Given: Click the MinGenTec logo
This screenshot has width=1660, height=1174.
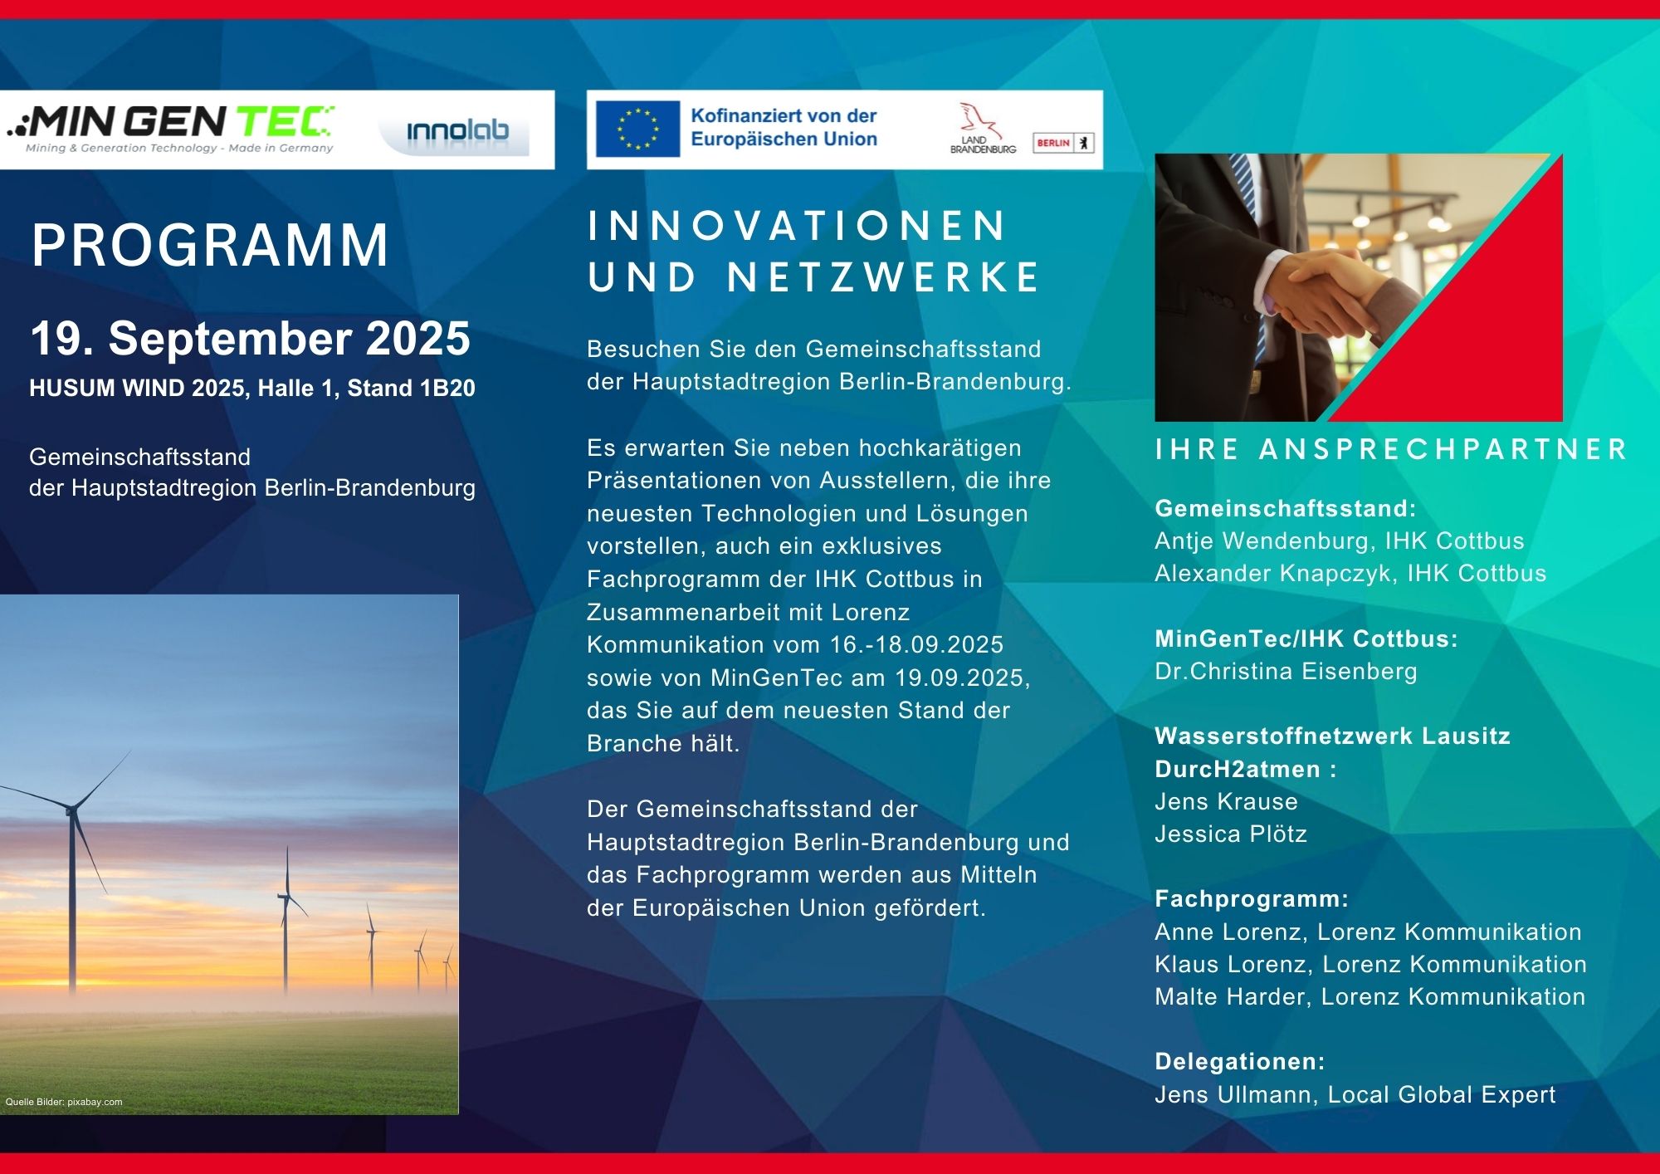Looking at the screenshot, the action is pyautogui.click(x=170, y=130).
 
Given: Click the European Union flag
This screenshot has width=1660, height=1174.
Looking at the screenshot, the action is pyautogui.click(x=637, y=129).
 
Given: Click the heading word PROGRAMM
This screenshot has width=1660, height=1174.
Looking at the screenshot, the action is pyautogui.click(x=210, y=245).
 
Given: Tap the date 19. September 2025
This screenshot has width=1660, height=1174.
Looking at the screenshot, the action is pyautogui.click(x=250, y=339).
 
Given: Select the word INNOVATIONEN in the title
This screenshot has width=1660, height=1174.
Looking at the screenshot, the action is pyautogui.click(x=797, y=226).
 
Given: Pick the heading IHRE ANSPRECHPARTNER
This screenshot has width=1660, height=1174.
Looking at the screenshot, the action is pyautogui.click(x=1390, y=449).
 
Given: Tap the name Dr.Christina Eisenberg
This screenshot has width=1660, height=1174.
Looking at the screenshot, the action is pyautogui.click(x=1286, y=671).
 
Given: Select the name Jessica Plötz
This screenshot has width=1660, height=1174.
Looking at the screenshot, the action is pyautogui.click(x=1231, y=834).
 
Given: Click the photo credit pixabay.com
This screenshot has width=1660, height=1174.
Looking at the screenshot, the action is pyautogui.click(x=95, y=1102).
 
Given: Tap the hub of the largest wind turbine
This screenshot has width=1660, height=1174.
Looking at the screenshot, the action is pyautogui.click(x=71, y=808).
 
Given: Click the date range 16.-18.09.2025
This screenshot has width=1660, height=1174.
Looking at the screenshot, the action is pyautogui.click(x=916, y=644).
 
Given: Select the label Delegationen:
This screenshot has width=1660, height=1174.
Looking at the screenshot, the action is pyautogui.click(x=1240, y=1061).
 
